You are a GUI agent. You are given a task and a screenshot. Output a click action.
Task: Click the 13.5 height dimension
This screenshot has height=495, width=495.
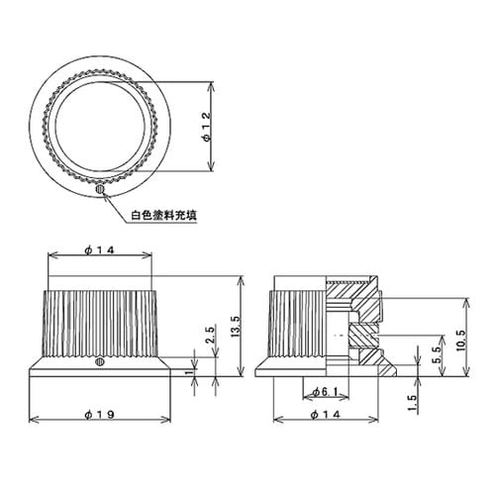(234, 326)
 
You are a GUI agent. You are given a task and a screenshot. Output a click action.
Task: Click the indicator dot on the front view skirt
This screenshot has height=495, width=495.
(100, 363)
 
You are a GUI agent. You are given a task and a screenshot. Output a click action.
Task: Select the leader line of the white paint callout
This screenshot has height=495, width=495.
(116, 203)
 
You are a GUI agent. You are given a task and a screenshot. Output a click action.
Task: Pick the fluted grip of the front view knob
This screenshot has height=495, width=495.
(99, 322)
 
